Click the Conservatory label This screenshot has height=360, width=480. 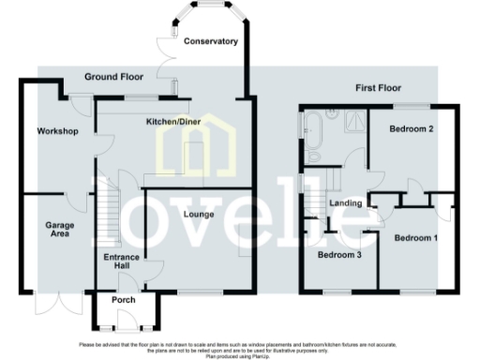coord(210,42)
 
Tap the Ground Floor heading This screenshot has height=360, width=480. coord(112,76)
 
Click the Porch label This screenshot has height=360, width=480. coord(124,301)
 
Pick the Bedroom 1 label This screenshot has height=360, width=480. coord(414,238)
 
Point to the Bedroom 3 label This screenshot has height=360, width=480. coord(339,254)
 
